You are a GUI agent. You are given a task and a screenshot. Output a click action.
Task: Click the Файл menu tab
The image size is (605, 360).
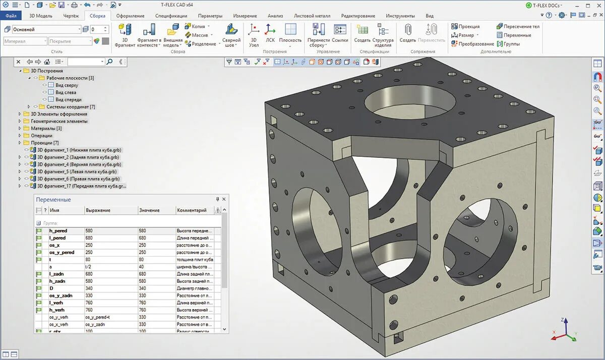pos(11,16)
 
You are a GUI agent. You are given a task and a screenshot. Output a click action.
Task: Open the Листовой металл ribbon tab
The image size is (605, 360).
pos(312,16)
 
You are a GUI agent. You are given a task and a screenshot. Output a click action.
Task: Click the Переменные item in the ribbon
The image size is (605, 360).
pos(514,35)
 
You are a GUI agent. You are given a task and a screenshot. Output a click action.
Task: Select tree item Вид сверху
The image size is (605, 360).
pos(67,85)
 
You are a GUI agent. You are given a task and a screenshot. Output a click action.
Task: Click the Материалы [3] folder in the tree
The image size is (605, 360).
pos(46,129)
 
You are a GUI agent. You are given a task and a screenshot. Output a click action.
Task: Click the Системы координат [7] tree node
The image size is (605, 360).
pos(70,107)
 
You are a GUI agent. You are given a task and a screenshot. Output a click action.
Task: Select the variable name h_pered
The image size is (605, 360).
pos(58,231)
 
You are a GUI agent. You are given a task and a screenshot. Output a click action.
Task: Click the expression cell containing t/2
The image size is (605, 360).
pos(89,267)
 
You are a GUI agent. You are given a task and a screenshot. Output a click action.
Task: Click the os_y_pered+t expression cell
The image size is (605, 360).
pos(98,317)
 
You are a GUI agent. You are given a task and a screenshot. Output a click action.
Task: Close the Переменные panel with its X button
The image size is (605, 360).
pos(224,199)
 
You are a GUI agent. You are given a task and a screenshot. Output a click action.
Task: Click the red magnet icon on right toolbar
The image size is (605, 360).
pos(597,77)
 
